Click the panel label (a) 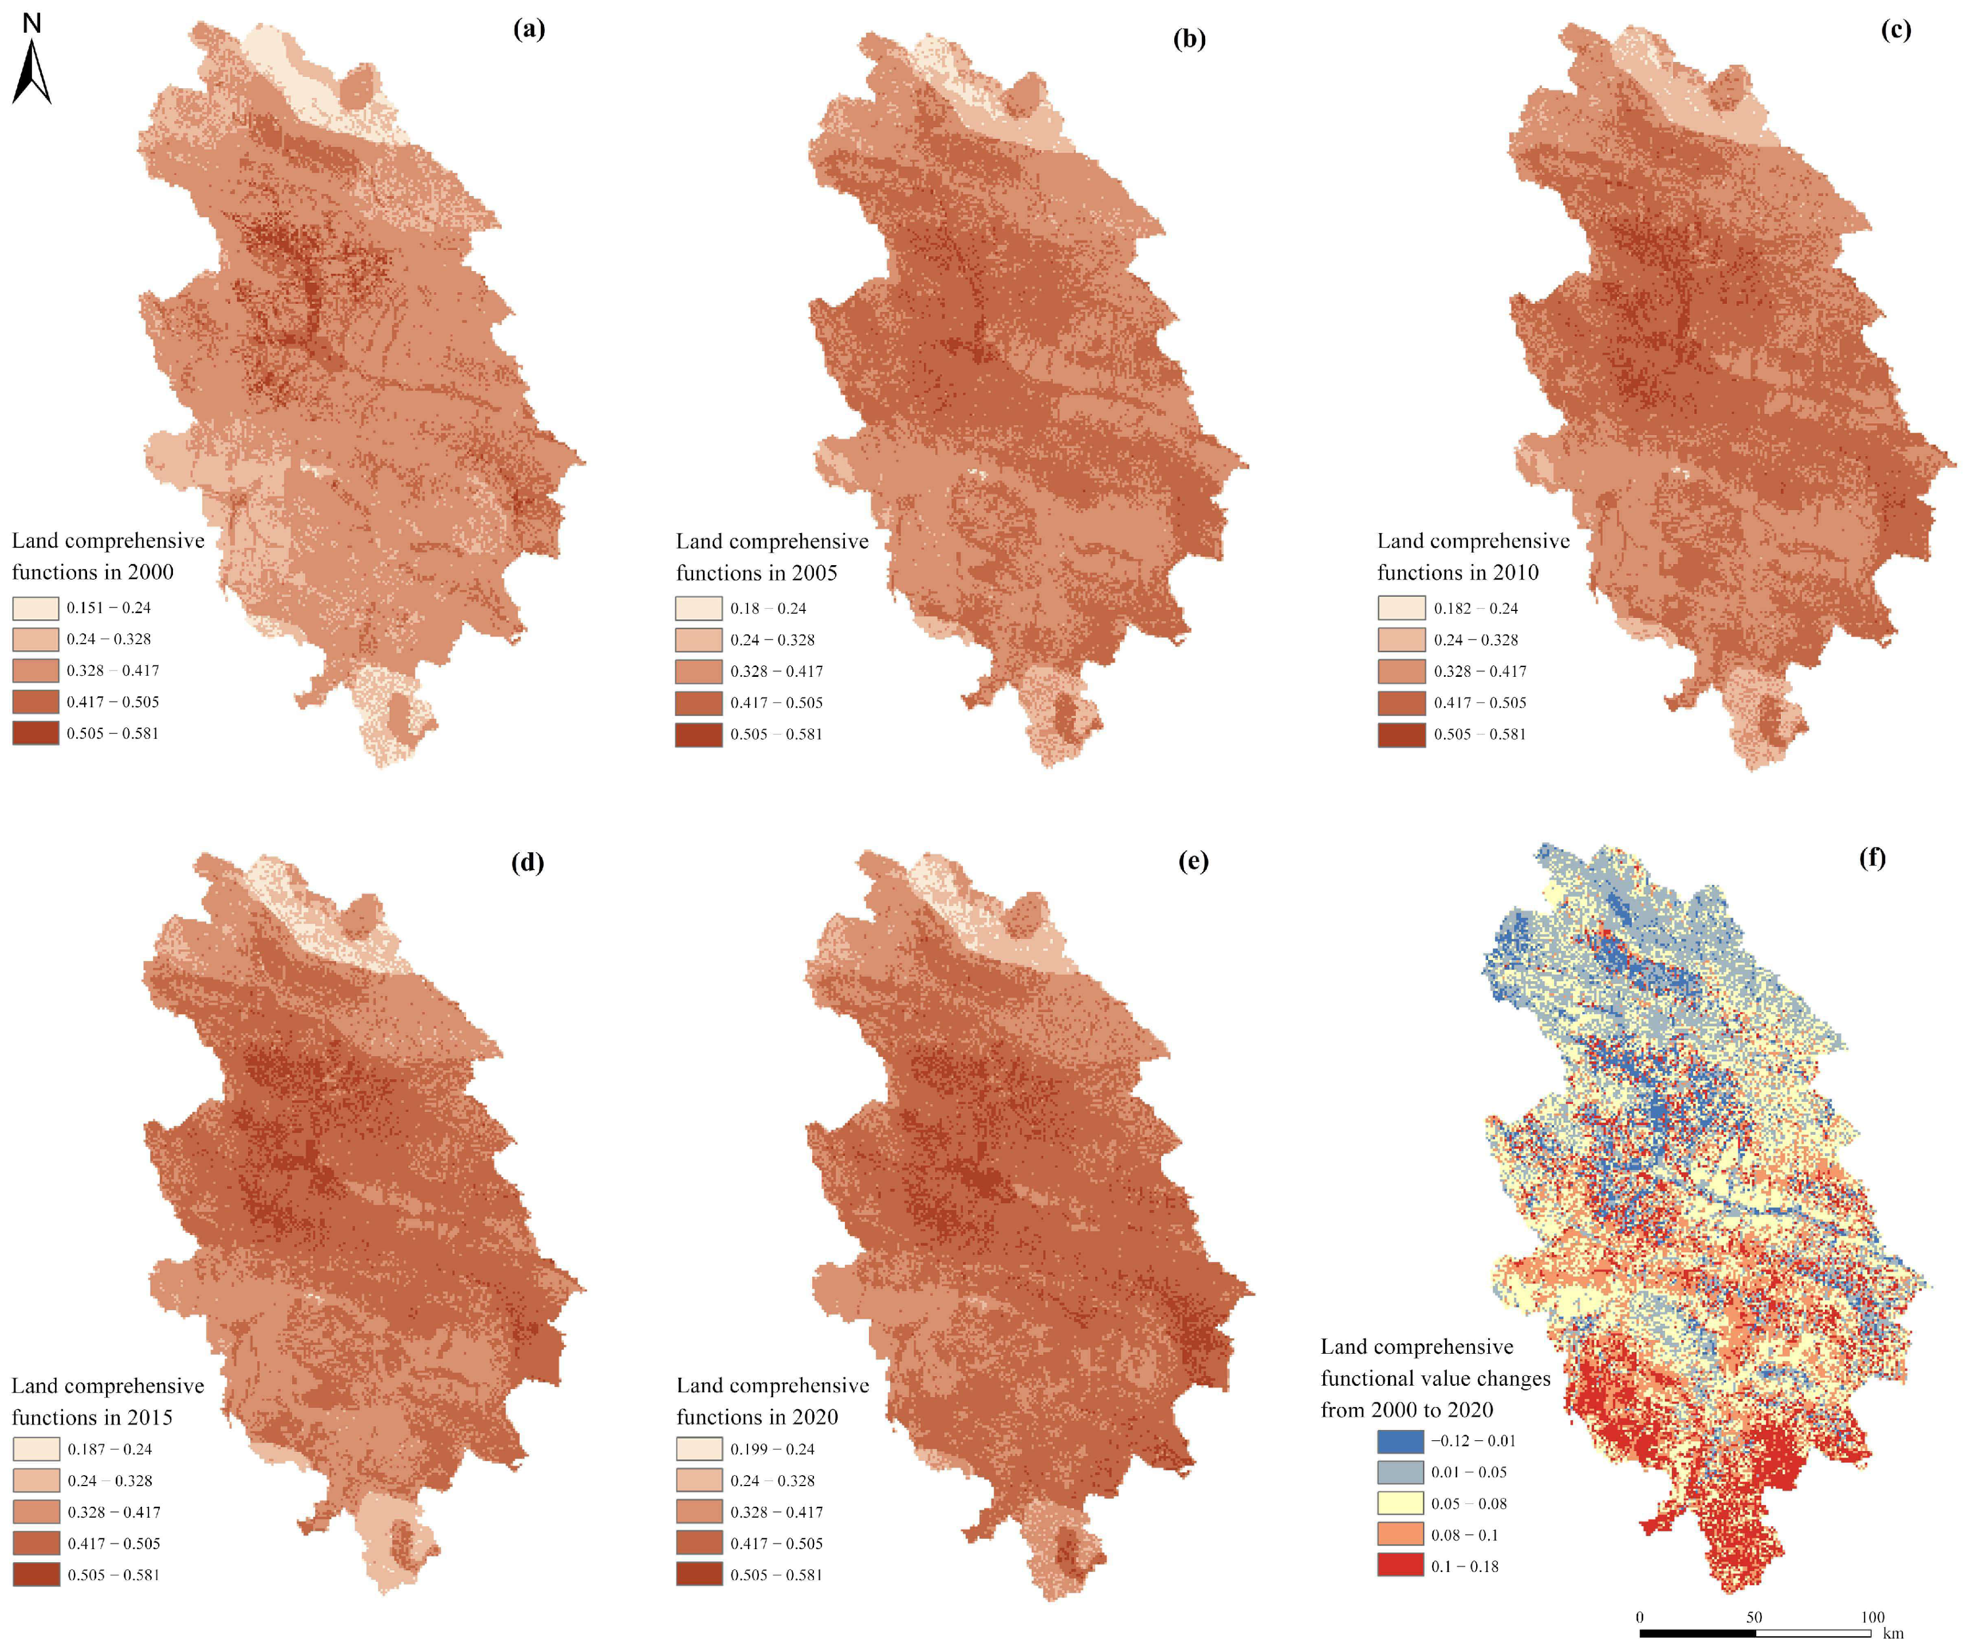coord(529,29)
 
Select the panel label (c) coord(1895,29)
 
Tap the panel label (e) coord(1193,861)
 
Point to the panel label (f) coord(1871,857)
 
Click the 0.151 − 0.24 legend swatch coord(36,608)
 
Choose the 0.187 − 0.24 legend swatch coord(36,1449)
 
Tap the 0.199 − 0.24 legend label coord(772,1449)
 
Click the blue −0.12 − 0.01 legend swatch coord(1400,1441)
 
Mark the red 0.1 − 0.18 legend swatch coord(1400,1566)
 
